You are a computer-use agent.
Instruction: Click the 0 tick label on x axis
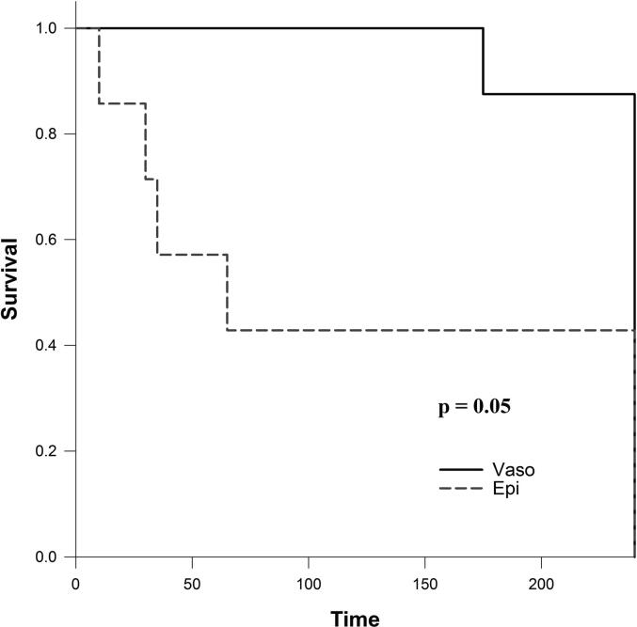[76, 584]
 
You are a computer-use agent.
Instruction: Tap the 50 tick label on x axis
[192, 584]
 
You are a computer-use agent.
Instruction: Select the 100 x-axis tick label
[309, 584]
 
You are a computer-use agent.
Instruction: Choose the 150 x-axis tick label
[425, 584]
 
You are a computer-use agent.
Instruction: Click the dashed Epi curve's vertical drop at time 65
[227, 292]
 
